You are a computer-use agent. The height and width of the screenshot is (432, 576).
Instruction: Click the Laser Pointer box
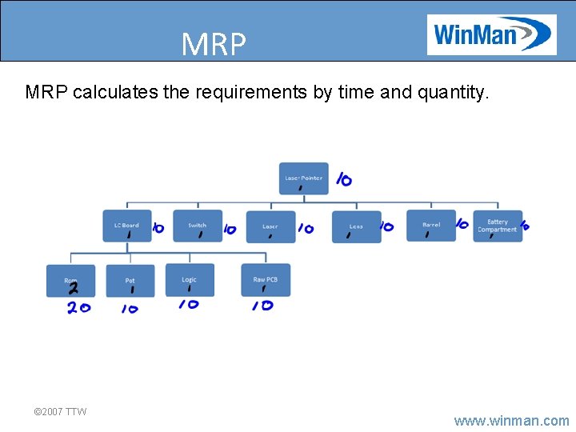pos(303,178)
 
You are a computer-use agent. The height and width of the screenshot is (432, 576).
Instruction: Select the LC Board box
pos(126,226)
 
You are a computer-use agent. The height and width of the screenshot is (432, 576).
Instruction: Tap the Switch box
pos(198,226)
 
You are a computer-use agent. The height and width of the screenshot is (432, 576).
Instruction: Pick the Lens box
pos(356,227)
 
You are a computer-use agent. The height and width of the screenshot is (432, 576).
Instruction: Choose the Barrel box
pos(431,226)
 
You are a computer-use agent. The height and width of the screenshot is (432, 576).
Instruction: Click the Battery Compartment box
pos(497,226)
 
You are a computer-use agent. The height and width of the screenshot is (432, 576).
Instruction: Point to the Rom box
pos(70,281)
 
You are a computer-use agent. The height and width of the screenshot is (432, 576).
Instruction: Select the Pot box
pos(130,281)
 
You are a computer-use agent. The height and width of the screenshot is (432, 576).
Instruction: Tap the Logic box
pos(190,280)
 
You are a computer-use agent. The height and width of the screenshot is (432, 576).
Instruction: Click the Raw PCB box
pos(266,280)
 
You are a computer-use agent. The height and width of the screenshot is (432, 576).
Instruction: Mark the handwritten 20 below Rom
pos(78,308)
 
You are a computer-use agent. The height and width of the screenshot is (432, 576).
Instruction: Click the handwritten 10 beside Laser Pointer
pos(343,180)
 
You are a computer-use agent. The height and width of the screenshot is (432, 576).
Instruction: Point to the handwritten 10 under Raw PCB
pos(262,306)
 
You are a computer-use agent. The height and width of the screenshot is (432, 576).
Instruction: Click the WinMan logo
pos(491,34)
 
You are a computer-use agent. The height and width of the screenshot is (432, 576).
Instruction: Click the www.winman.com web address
pos(511,420)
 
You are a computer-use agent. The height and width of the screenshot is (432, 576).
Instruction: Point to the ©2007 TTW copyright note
pos(60,411)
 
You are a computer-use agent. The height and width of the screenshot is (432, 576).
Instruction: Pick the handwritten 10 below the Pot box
pos(129,309)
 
